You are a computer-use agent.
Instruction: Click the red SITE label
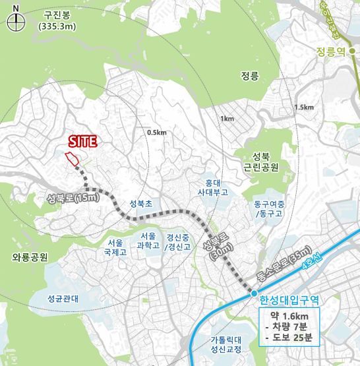pyautogui.click(x=83, y=140)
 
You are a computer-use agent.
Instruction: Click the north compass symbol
pyautogui.click(x=16, y=21)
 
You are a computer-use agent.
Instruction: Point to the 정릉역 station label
pyautogui.click(x=331, y=51)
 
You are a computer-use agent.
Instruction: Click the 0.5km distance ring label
pyautogui.click(x=157, y=133)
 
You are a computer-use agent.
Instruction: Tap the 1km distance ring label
pyautogui.click(x=227, y=119)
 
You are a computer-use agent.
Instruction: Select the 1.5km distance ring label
pyautogui.click(x=305, y=107)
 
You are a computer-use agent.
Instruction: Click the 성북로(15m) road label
pyautogui.click(x=73, y=197)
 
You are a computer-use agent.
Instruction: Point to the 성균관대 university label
pyautogui.click(x=63, y=298)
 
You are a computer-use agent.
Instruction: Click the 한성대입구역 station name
pyautogui.click(x=289, y=299)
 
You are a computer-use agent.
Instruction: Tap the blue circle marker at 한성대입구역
pyautogui.click(x=253, y=293)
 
